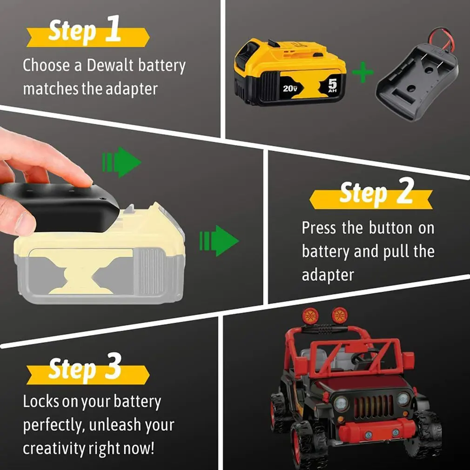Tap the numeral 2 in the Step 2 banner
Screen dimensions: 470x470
coord(406,190)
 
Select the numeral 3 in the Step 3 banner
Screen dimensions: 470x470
coord(113,366)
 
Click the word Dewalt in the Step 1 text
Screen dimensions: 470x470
coord(110,65)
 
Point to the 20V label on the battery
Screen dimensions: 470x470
coord(290,88)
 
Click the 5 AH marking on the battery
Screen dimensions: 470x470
coord(332,85)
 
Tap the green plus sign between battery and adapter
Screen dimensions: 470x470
coord(363,72)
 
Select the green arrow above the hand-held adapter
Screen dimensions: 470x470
coord(122,162)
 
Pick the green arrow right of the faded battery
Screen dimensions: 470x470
coord(219,241)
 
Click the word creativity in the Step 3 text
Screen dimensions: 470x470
coord(54,449)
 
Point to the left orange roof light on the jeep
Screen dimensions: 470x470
coord(310,316)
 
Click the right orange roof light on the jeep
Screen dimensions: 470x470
coord(340,316)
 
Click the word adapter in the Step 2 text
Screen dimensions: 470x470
coord(328,275)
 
